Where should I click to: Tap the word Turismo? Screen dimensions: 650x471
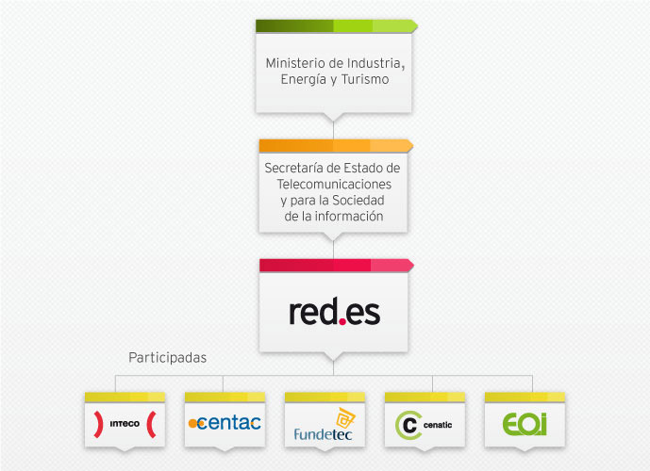pyautogui.click(x=365, y=79)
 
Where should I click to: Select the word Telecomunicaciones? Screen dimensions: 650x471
pyautogui.click(x=334, y=184)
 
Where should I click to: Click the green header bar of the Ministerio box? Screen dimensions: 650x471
pyautogui.click(x=336, y=26)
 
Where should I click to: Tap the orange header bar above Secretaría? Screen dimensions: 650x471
pyautogui.click(x=336, y=146)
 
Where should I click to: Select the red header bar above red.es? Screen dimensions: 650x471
pyautogui.click(x=336, y=266)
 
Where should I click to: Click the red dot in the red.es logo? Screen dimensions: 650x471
pyautogui.click(x=342, y=321)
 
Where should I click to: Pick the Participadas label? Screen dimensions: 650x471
pyautogui.click(x=168, y=358)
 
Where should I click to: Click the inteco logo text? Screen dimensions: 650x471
pyautogui.click(x=125, y=424)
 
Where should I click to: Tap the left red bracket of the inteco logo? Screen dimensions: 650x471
pyautogui.click(x=99, y=424)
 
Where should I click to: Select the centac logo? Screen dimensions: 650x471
pyautogui.click(x=225, y=423)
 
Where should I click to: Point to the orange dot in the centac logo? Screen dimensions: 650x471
pyautogui.click(x=192, y=423)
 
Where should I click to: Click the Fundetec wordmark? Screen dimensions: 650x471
pyautogui.click(x=323, y=434)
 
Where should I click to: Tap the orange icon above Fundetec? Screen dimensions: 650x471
pyautogui.click(x=345, y=418)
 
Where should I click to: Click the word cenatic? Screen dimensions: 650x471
pyautogui.click(x=438, y=425)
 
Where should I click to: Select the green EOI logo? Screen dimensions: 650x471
pyautogui.click(x=525, y=424)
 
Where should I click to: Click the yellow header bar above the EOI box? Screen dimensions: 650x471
pyautogui.click(x=525, y=398)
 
